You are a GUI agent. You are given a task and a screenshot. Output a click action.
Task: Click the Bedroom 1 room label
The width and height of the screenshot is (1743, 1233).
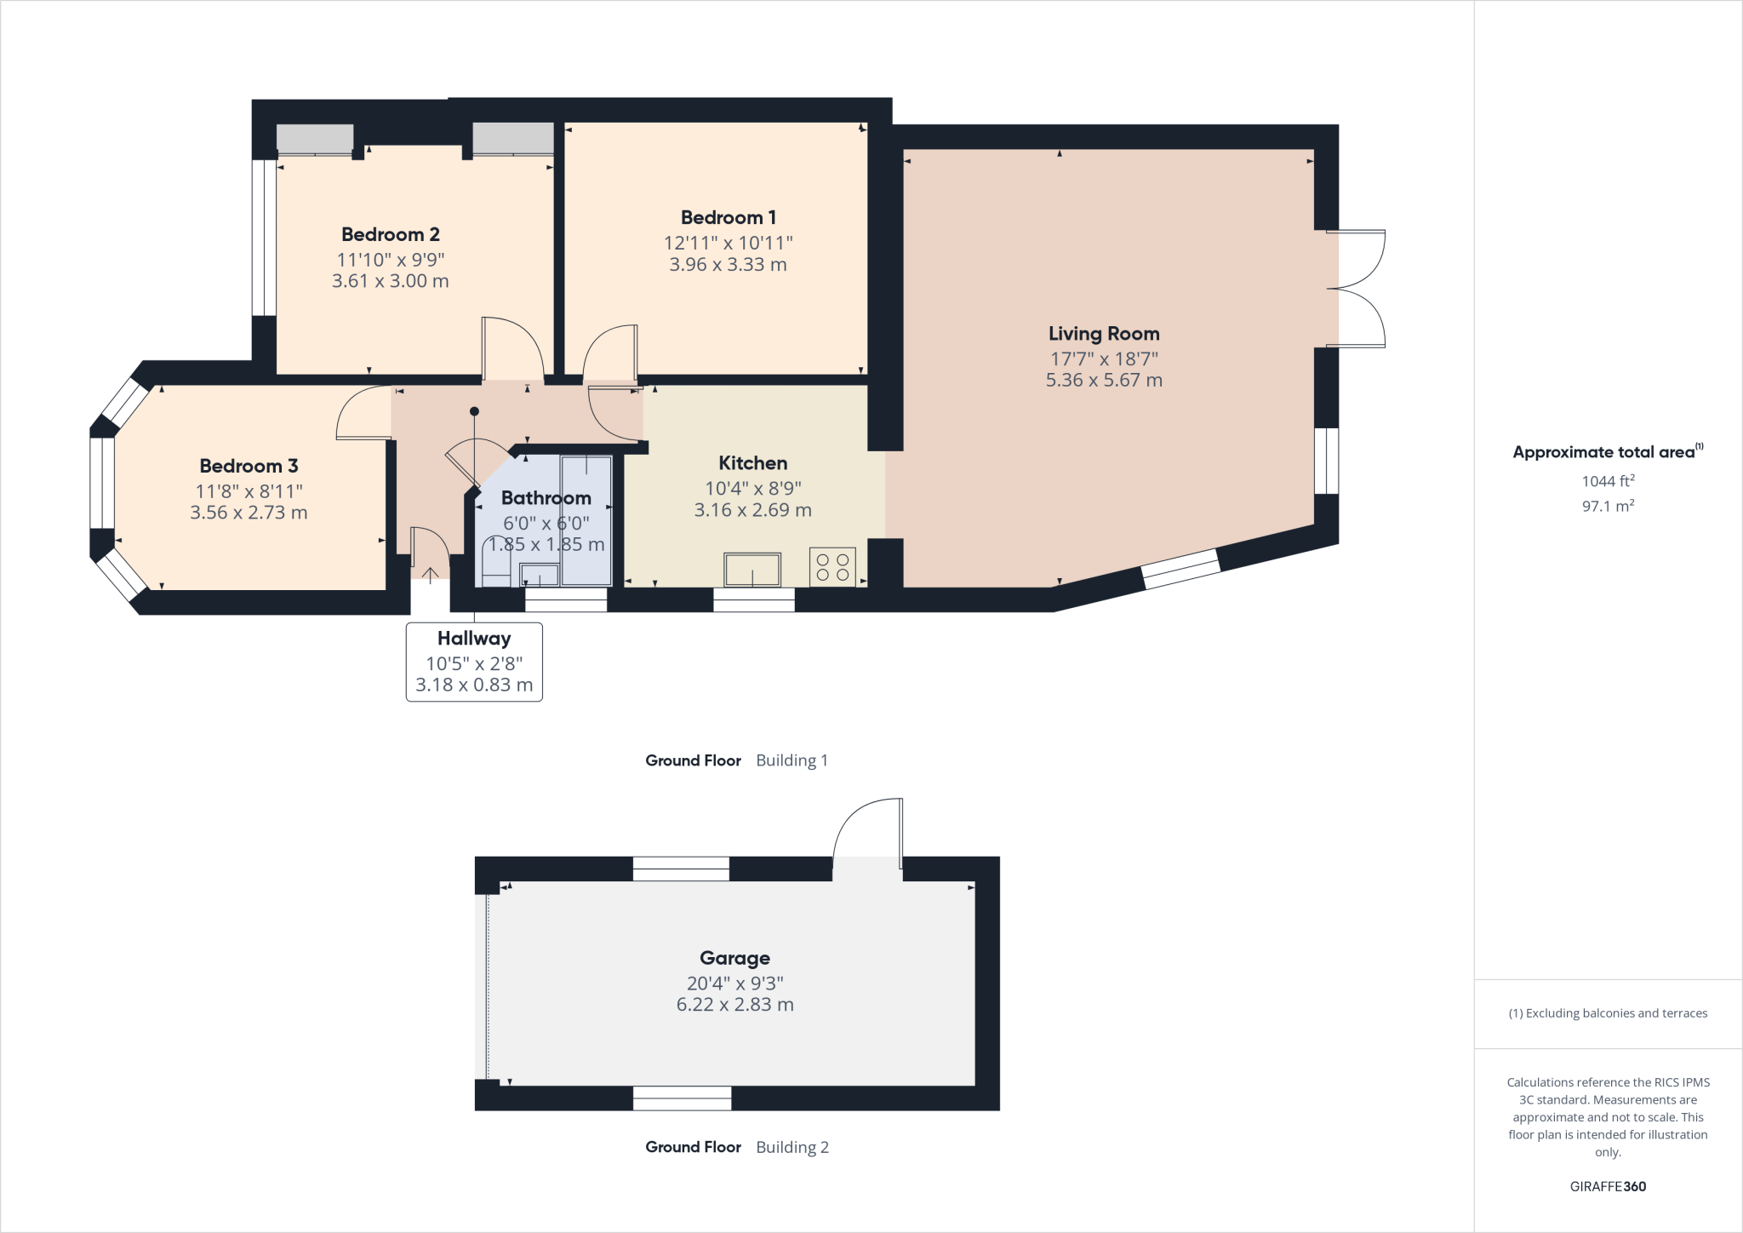tap(728, 218)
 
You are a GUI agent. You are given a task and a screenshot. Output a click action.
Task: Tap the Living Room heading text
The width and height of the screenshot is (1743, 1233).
tap(1104, 334)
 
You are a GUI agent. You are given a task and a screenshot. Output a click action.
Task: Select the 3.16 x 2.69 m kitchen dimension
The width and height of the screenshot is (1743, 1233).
tap(752, 510)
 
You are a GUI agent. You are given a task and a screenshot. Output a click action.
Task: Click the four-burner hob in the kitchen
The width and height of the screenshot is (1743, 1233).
tap(832, 567)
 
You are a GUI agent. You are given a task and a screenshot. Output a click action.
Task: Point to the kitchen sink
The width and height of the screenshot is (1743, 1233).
tap(752, 570)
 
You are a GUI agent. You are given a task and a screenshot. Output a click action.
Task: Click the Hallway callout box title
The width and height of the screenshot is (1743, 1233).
tap(474, 639)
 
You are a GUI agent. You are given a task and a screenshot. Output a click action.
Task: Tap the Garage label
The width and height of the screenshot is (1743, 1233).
tap(734, 959)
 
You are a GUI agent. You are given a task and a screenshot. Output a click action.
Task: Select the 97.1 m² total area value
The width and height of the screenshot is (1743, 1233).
tap(1608, 506)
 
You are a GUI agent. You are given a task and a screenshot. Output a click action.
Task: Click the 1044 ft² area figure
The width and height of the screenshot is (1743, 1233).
tap(1608, 481)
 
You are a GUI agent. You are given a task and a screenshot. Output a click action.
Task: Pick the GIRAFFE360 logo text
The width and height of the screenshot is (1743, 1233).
tap(1608, 1186)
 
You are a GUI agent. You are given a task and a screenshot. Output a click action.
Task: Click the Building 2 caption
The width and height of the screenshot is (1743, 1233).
tap(791, 1147)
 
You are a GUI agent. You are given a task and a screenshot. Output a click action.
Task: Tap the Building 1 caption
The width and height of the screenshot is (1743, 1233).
tap(791, 760)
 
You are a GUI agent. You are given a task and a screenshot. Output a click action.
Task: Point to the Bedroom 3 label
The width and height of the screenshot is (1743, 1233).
tap(249, 467)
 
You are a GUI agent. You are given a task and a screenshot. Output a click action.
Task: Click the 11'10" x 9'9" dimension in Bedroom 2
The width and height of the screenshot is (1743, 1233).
tap(391, 260)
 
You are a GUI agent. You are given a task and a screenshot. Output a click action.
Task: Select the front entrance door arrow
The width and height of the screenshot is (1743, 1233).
tap(431, 574)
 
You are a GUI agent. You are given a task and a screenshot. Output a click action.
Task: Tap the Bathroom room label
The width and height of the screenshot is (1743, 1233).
tap(546, 498)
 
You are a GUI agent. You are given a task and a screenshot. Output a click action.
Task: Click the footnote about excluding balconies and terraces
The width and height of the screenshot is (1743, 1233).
tap(1608, 1013)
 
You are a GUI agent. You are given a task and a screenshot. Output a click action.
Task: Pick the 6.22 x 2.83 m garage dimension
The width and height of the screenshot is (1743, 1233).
tap(734, 1005)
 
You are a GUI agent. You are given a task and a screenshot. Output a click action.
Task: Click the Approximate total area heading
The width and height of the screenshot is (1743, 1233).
tap(1603, 453)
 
